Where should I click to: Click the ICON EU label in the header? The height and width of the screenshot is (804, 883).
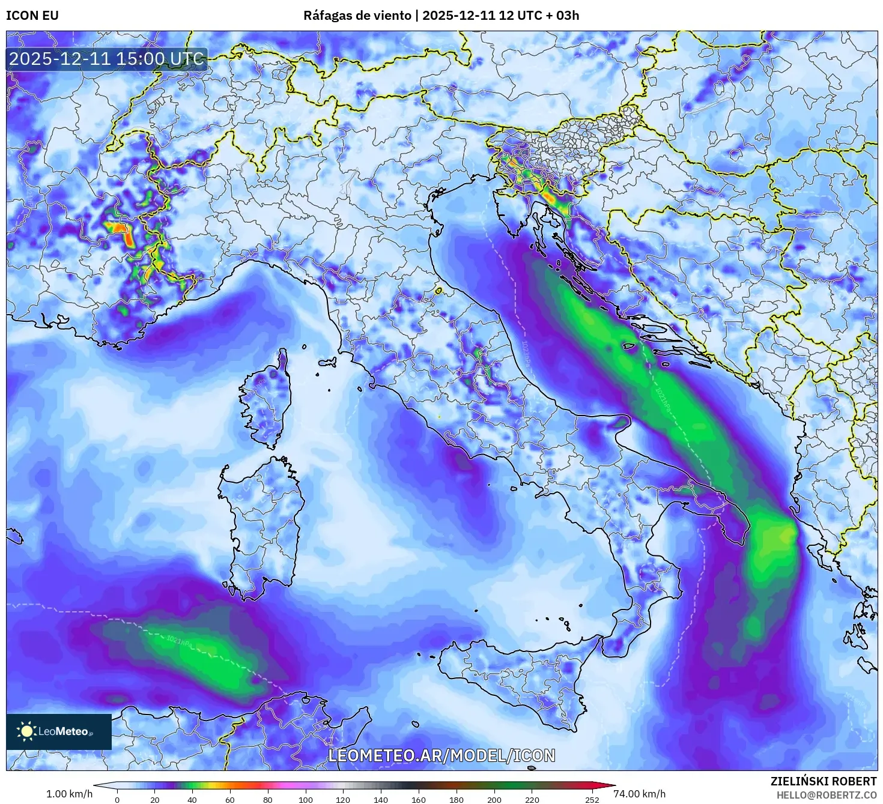point(32,16)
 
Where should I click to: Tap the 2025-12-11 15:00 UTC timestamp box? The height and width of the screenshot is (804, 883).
point(107,59)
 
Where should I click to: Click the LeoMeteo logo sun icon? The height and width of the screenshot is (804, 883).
point(26,731)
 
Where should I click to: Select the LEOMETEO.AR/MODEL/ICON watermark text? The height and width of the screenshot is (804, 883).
point(441,755)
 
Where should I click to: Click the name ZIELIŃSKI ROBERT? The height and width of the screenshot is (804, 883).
point(824,781)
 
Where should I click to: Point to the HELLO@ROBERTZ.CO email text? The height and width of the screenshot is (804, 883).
point(827,794)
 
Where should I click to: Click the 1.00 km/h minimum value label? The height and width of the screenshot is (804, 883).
point(69,794)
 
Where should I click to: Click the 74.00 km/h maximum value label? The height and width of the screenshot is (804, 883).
point(639,794)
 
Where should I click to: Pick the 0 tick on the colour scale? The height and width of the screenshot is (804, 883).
point(117,799)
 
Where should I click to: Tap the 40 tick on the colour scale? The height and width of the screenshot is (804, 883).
point(192,799)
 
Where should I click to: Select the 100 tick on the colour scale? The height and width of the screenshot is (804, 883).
point(306,799)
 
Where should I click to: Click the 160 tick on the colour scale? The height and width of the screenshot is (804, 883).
point(419,799)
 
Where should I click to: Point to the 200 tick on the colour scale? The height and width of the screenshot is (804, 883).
point(494,799)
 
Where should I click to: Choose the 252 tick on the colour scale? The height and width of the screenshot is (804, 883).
point(592,799)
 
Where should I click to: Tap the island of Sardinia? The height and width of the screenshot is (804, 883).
point(264,522)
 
